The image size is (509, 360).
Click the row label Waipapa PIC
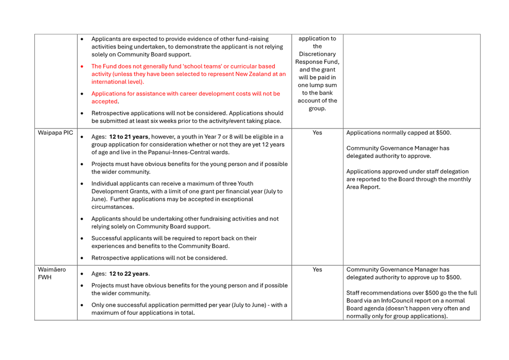coord(55,133)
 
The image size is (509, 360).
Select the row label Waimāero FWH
coord(52,273)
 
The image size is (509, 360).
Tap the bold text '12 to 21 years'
coord(129,137)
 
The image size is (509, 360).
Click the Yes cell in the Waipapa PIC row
coord(317,133)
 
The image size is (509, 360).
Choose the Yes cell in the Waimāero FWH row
coord(317,270)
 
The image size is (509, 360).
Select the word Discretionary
coord(317,54)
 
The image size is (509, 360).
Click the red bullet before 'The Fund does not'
coord(82,66)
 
